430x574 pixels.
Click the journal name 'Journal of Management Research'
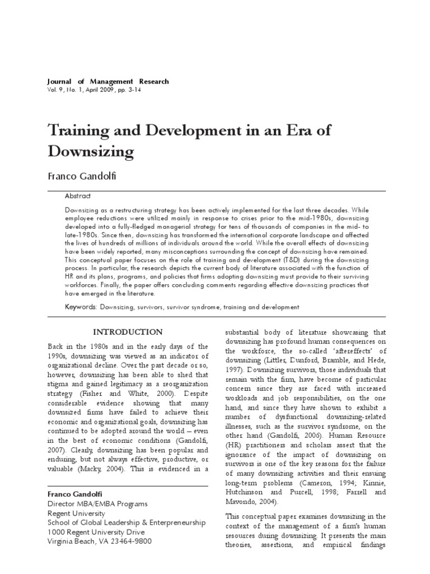pos(107,81)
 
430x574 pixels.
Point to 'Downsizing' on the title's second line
pos(91,151)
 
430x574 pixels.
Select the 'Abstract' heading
pos(78,196)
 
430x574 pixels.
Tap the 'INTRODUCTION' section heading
pos(128,332)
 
